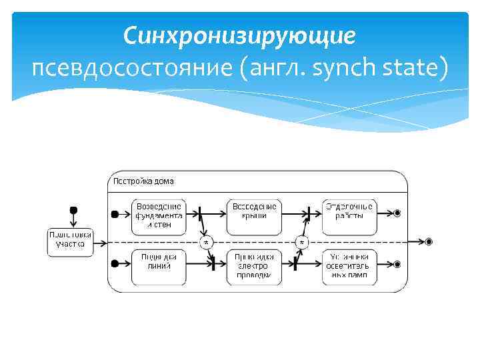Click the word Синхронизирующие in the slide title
click(x=239, y=35)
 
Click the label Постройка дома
click(x=143, y=181)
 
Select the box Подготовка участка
click(x=69, y=239)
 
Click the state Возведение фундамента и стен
click(x=158, y=215)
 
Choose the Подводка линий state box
click(x=158, y=265)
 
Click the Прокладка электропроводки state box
click(x=254, y=265)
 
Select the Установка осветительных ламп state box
click(x=349, y=265)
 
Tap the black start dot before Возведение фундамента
click(x=115, y=214)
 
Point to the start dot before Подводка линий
click(x=115, y=264)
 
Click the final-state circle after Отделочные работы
click(x=397, y=213)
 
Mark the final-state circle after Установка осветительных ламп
click(x=397, y=264)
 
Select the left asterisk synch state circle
click(x=207, y=241)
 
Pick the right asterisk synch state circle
click(x=303, y=241)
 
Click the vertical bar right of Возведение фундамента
click(x=200, y=214)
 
